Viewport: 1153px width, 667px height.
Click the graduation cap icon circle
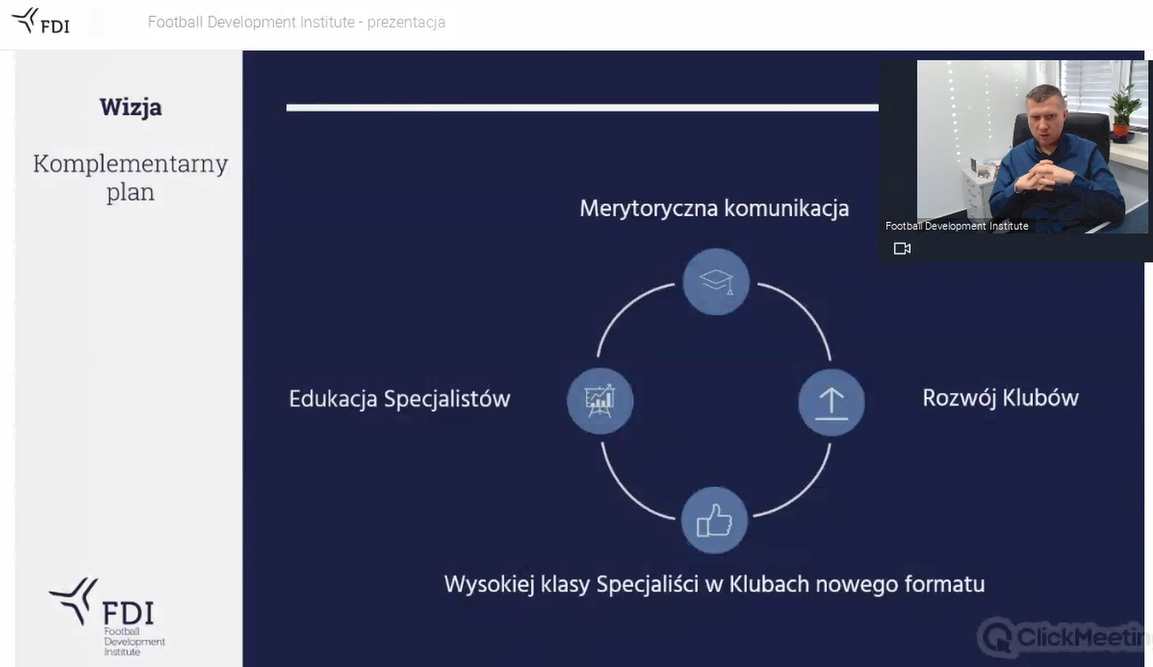pyautogui.click(x=716, y=282)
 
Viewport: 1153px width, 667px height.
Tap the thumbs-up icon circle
pyautogui.click(x=715, y=520)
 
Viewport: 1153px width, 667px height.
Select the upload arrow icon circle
pyautogui.click(x=831, y=402)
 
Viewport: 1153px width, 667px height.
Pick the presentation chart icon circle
pyautogui.click(x=600, y=401)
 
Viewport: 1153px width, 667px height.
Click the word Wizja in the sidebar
pyautogui.click(x=130, y=107)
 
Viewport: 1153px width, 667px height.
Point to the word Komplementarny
pyautogui.click(x=130, y=164)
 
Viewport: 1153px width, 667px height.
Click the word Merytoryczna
pyautogui.click(x=648, y=209)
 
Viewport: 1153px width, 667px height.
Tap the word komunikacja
pyautogui.click(x=786, y=209)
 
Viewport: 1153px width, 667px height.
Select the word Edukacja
pyautogui.click(x=333, y=399)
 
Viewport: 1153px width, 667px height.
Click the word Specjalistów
pyautogui.click(x=447, y=399)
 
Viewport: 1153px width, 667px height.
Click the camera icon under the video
pyautogui.click(x=902, y=248)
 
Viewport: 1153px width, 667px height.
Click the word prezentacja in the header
pyautogui.click(x=406, y=22)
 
